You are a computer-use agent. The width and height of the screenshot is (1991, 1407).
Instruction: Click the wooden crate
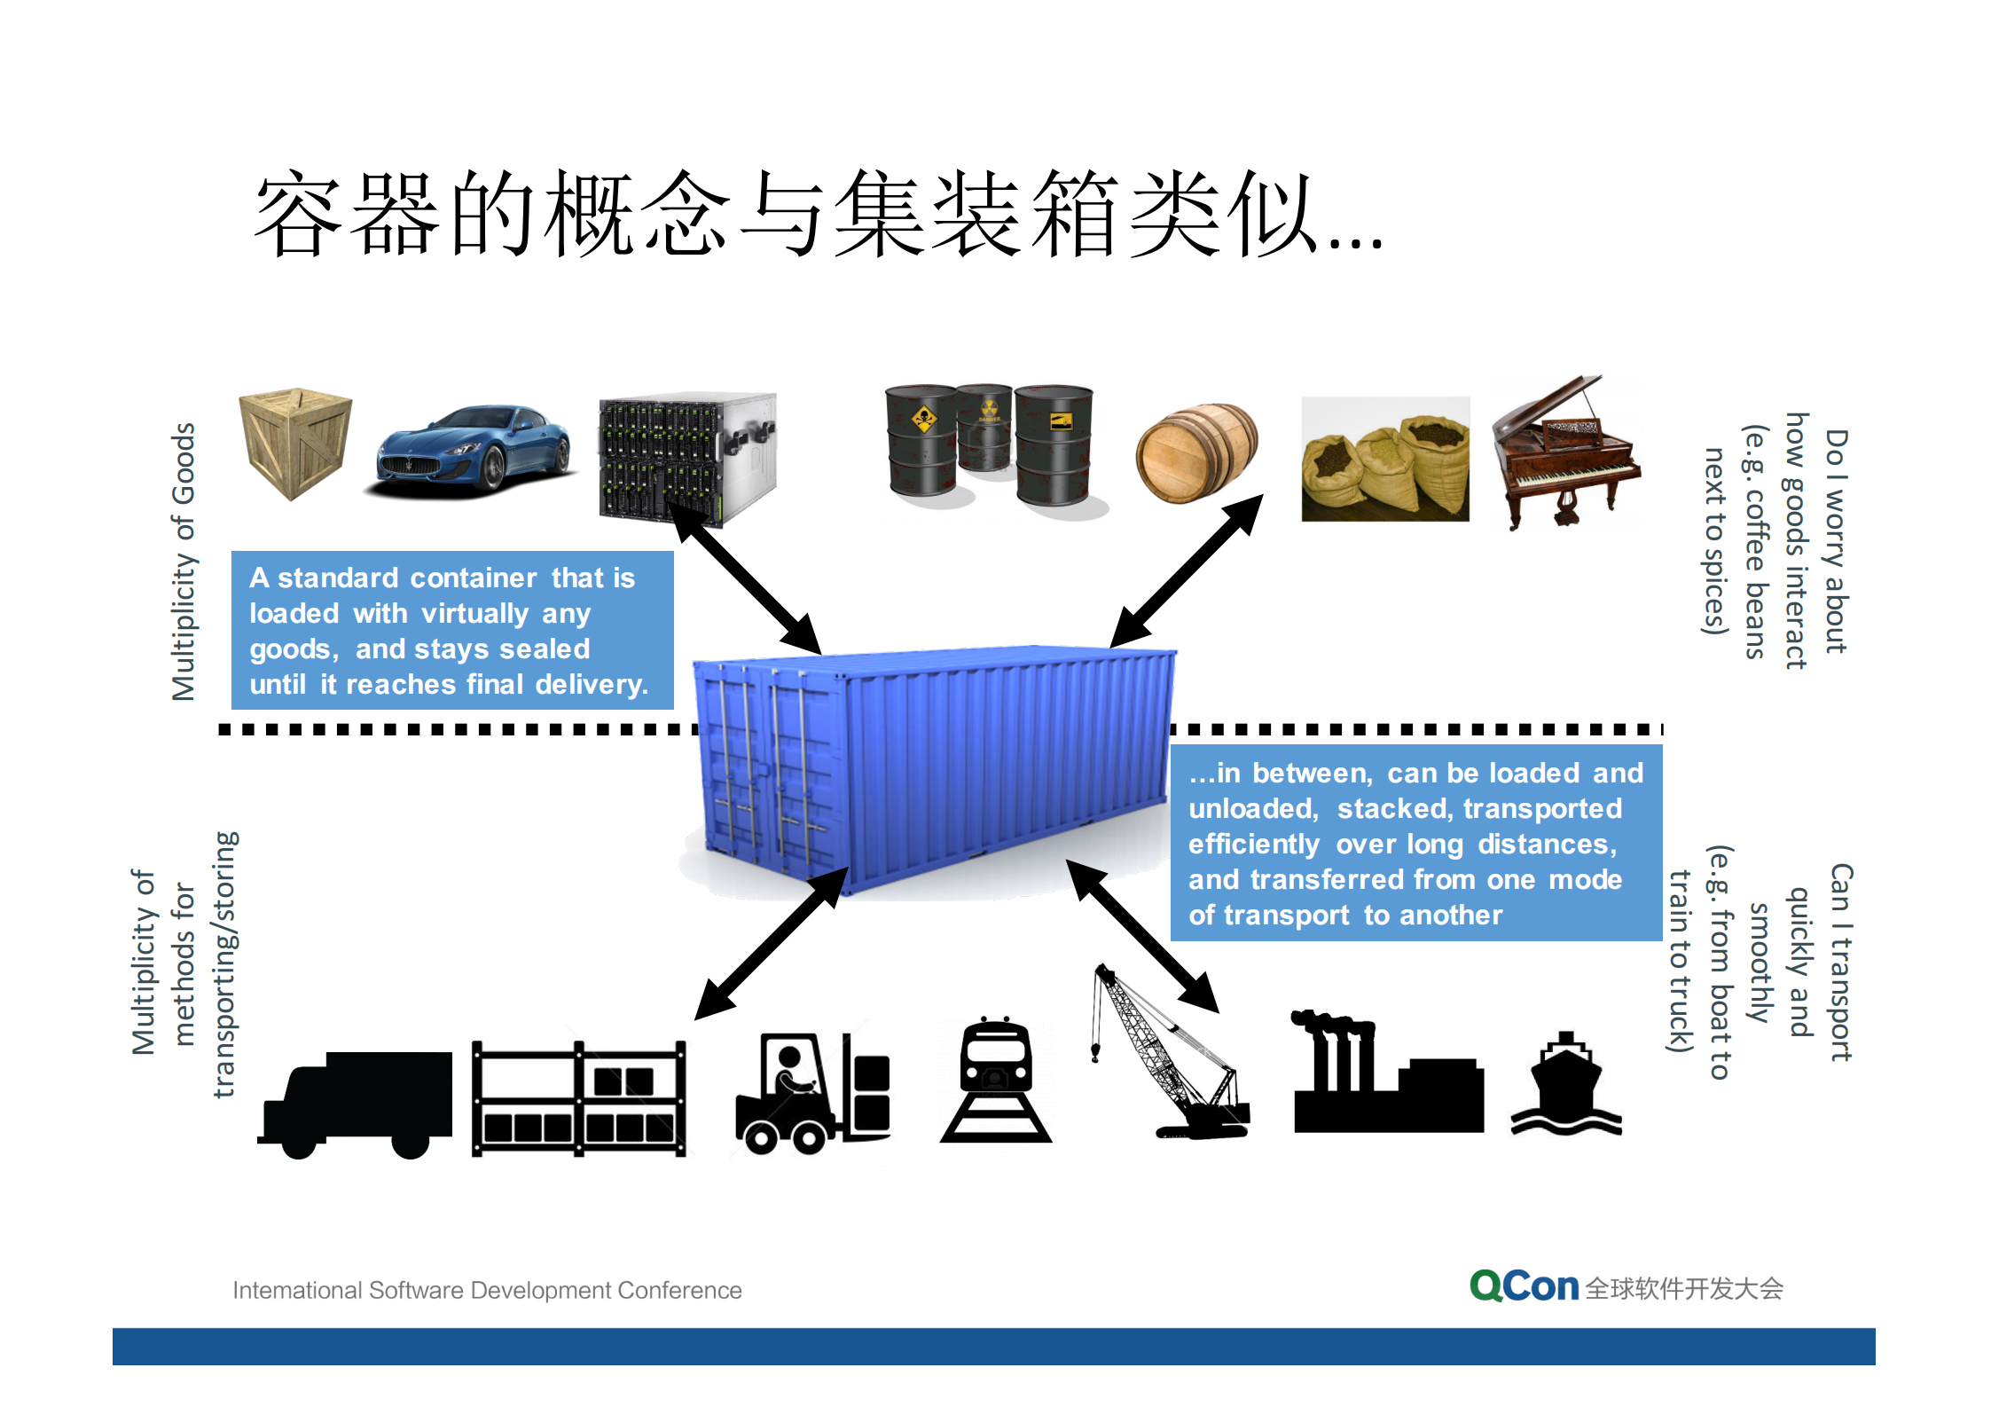pyautogui.click(x=295, y=443)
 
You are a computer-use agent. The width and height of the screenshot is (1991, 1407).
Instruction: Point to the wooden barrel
pyautogui.click(x=1196, y=452)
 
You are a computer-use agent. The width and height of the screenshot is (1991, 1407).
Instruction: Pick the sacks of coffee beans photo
pyautogui.click(x=1384, y=460)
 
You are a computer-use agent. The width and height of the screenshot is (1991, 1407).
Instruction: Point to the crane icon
pyautogui.click(x=1171, y=1056)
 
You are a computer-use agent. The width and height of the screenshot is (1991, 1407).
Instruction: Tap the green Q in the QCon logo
pyautogui.click(x=1486, y=1285)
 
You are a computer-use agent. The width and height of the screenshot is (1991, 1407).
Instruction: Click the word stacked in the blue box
pyautogui.click(x=1394, y=809)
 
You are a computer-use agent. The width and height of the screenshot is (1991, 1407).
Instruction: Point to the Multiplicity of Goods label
pyautogui.click(x=184, y=562)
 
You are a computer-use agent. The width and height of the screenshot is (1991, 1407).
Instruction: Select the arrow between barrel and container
pyautogui.click(x=1187, y=571)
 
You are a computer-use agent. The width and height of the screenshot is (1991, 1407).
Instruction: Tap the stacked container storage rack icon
pyautogui.click(x=578, y=1098)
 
